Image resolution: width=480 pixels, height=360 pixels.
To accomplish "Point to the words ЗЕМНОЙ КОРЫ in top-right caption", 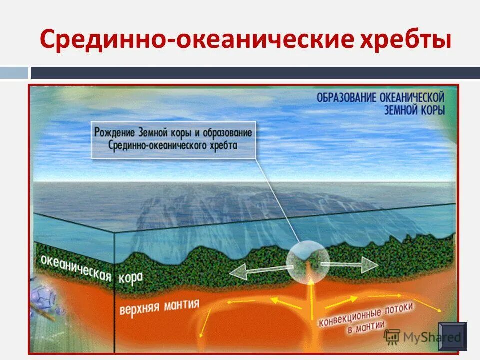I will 415,110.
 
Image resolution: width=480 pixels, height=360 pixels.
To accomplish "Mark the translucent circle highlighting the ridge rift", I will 308,262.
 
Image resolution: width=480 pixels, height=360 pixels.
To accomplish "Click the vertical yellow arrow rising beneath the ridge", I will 310,297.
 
